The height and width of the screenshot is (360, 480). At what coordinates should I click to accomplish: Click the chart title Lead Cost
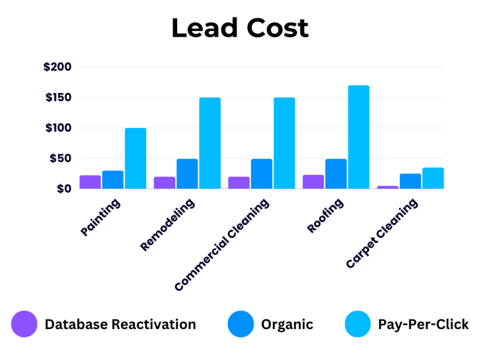[x=240, y=28]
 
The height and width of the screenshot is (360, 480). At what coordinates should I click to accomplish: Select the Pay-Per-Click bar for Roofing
[x=358, y=137]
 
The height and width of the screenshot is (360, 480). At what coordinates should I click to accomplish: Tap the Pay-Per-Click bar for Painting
[x=135, y=158]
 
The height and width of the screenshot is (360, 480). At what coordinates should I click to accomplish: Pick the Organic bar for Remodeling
[x=187, y=174]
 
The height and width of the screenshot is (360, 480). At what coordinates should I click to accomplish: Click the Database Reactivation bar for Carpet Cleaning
[x=388, y=187]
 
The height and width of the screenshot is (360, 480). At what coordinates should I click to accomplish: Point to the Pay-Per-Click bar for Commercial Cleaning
[x=284, y=143]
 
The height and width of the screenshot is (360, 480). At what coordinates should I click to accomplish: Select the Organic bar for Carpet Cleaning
[x=410, y=181]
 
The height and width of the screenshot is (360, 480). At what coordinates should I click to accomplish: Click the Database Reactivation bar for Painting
[x=90, y=182]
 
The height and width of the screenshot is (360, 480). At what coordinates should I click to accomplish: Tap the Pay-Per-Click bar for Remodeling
[x=210, y=143]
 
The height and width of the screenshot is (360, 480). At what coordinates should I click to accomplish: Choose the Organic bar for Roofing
[x=336, y=174]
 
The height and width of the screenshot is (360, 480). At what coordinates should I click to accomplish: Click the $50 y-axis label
[x=60, y=158]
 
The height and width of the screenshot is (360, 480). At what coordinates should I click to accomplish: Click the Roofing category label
[x=325, y=215]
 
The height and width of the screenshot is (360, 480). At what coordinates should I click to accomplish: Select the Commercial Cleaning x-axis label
[x=222, y=245]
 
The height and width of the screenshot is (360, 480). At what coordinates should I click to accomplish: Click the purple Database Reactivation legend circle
[x=24, y=324]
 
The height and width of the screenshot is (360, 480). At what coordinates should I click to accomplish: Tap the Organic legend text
[x=287, y=324]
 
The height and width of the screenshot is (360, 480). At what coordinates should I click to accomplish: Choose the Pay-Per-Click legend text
[x=423, y=324]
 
